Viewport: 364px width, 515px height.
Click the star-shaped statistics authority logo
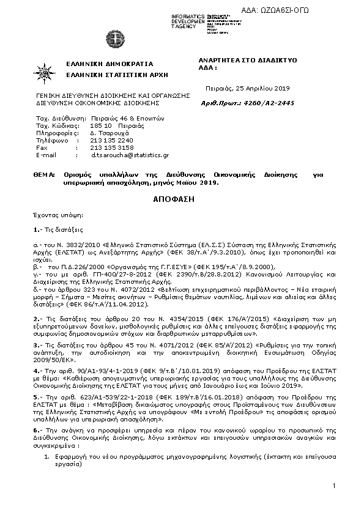tap(44, 72)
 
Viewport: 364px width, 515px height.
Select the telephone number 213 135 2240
tap(111, 139)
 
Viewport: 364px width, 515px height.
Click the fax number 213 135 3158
tap(111, 147)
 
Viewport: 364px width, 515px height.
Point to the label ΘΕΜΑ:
tap(45, 174)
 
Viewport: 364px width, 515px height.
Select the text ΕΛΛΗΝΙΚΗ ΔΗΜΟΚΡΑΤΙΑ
tap(101, 64)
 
